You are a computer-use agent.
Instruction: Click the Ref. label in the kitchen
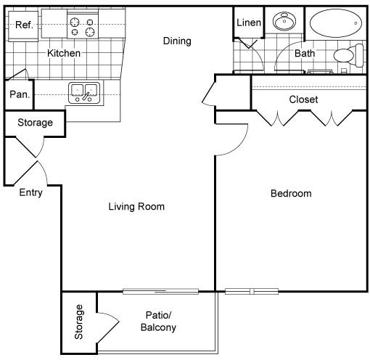[24, 25]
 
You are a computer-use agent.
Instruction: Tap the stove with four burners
[83, 27]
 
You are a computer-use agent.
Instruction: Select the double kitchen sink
[84, 93]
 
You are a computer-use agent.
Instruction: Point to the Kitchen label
[64, 53]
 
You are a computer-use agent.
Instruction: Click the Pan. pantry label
[20, 94]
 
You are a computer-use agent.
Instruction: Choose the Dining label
[177, 41]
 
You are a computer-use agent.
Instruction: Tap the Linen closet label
[249, 23]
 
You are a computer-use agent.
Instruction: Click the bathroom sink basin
[284, 21]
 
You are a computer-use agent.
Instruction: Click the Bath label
[305, 53]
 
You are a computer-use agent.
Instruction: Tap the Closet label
[303, 99]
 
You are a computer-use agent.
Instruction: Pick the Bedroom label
[291, 193]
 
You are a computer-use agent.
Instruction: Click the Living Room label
[136, 206]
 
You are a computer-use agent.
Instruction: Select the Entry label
[31, 193]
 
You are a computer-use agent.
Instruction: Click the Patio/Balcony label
[158, 321]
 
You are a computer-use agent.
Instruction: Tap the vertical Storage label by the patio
[79, 322]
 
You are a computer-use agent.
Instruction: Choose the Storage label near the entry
[35, 123]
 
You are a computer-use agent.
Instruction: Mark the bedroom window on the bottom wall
[252, 291]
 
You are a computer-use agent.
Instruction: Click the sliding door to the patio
[161, 291]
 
